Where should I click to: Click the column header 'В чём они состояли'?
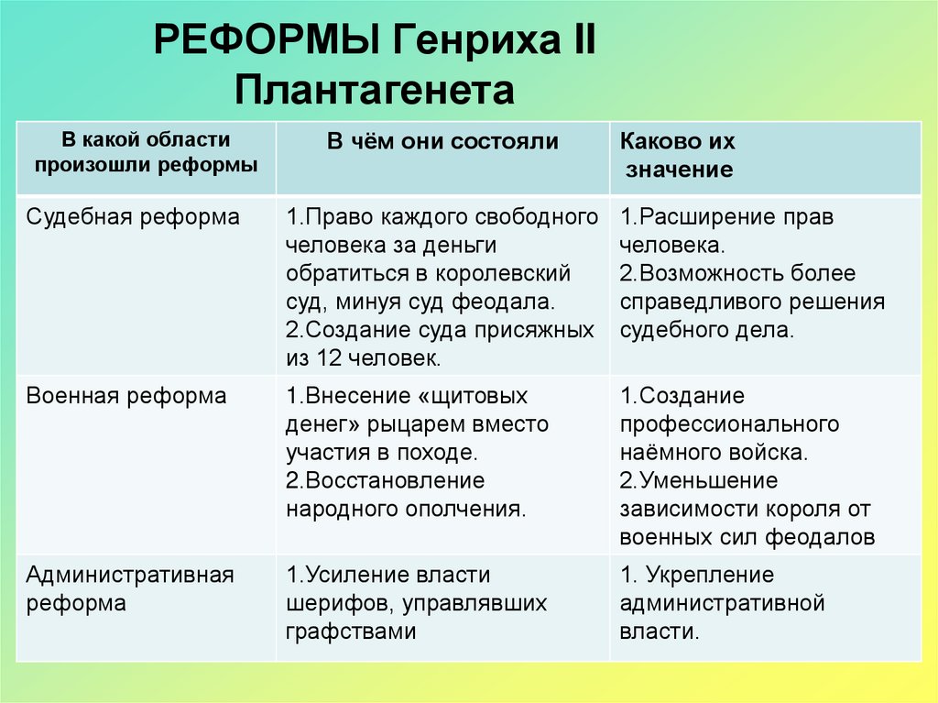click(x=442, y=141)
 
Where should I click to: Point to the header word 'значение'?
click(x=679, y=170)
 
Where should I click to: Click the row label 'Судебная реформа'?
click(x=133, y=217)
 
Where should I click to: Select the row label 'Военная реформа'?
click(x=126, y=396)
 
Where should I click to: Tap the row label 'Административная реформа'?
click(x=130, y=589)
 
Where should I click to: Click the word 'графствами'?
click(x=351, y=632)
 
